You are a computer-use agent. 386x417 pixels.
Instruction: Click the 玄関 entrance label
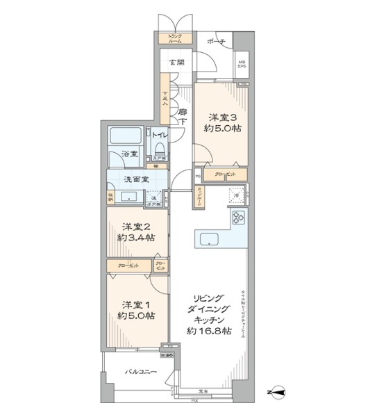coord(177,63)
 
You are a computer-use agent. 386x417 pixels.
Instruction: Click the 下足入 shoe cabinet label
coord(165,99)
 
